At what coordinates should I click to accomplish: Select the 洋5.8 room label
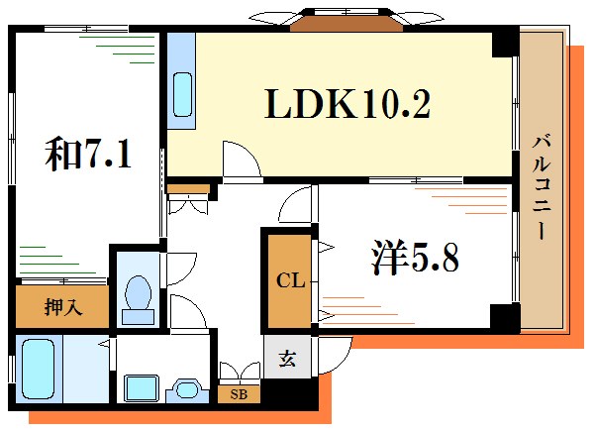(415, 260)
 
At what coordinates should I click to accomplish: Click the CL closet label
(287, 280)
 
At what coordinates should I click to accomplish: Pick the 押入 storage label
(63, 307)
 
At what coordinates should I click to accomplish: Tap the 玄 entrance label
(285, 360)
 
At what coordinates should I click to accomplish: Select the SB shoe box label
(239, 394)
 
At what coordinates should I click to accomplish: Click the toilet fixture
(139, 297)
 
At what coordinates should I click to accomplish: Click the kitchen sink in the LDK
(183, 93)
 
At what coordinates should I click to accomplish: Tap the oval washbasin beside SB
(185, 389)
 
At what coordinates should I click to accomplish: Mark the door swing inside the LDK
(238, 159)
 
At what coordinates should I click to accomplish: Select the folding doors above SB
(239, 374)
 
